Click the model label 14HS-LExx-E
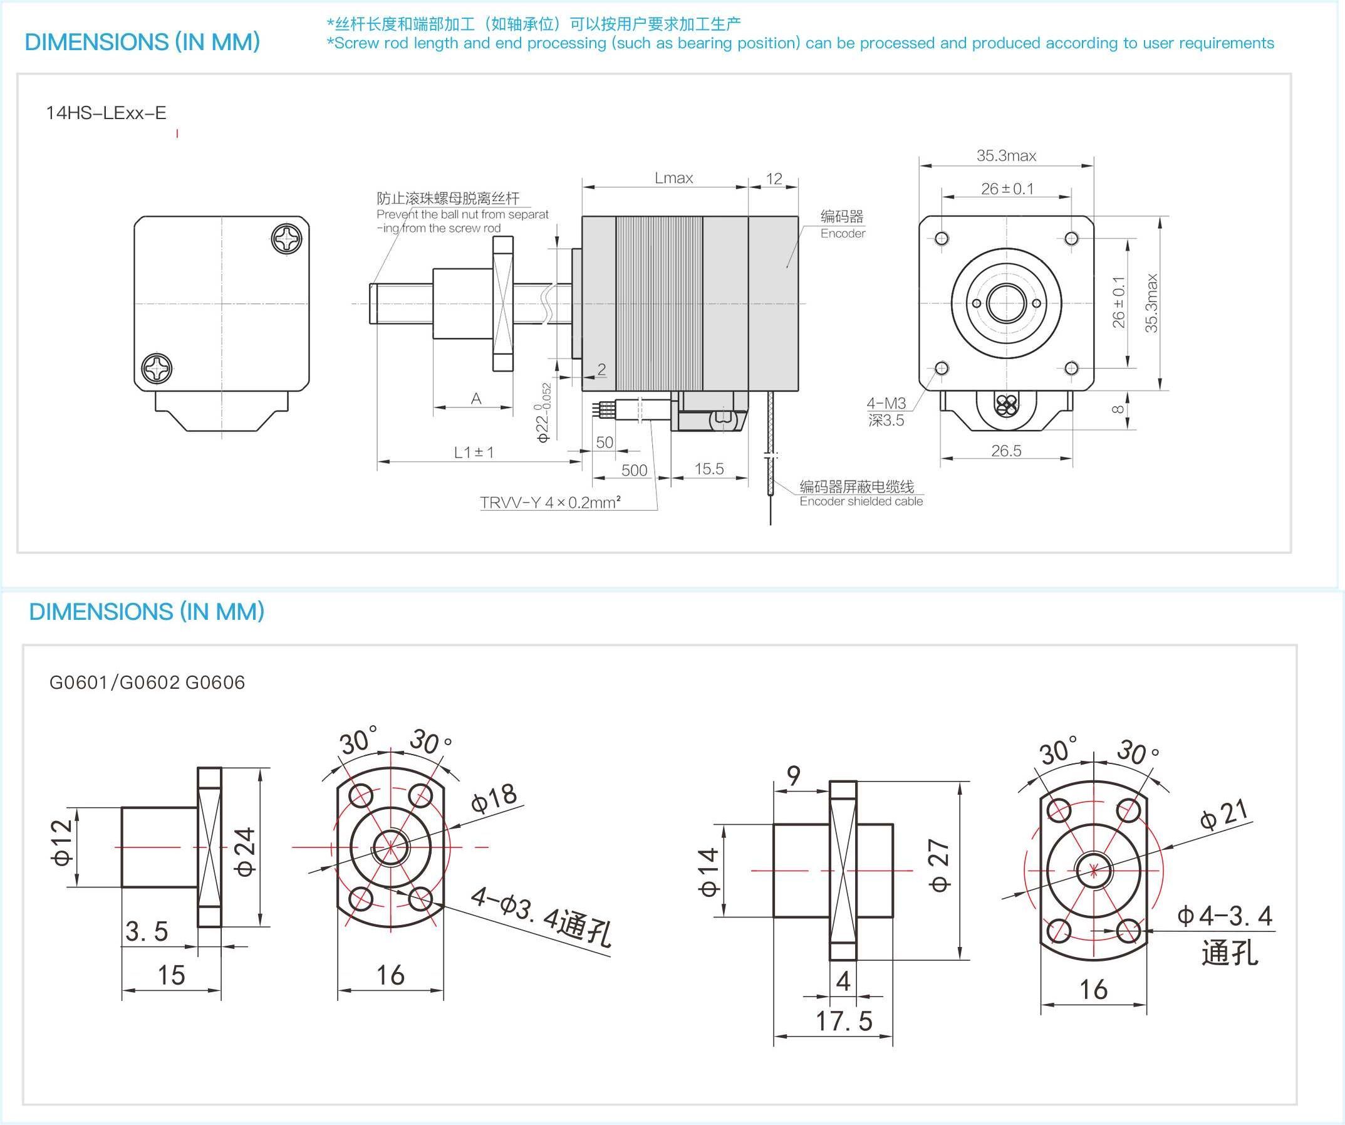(x=106, y=113)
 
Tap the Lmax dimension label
(x=673, y=178)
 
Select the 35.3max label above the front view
(x=1005, y=155)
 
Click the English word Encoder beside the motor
(x=842, y=234)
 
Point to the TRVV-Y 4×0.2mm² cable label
(x=550, y=503)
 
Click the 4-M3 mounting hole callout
(x=886, y=403)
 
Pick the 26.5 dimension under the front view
(x=1005, y=451)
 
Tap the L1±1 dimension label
(x=474, y=453)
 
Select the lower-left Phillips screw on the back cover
(x=157, y=369)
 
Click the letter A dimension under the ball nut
(x=476, y=399)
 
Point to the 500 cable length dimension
(x=634, y=470)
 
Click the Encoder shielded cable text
(x=861, y=501)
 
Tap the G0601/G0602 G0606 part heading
(x=147, y=683)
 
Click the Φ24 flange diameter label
(x=245, y=852)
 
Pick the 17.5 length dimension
(x=843, y=1021)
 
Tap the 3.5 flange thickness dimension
(x=147, y=931)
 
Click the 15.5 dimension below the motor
(x=709, y=469)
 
